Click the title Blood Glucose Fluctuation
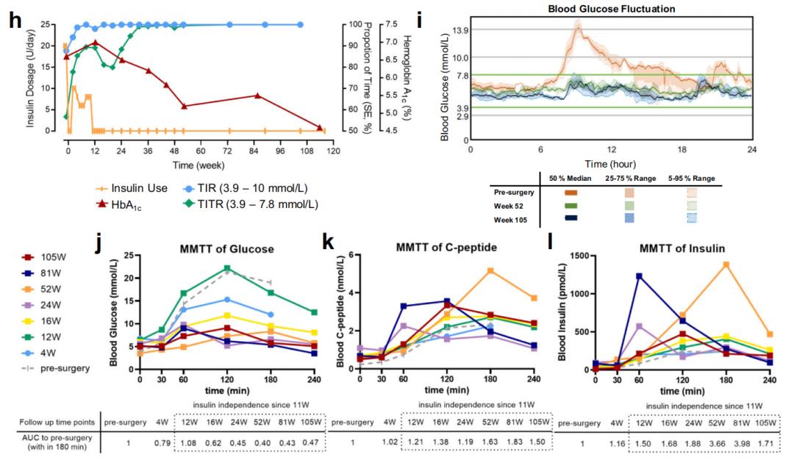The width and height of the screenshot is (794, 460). click(612, 9)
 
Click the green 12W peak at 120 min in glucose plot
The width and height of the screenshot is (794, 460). click(228, 268)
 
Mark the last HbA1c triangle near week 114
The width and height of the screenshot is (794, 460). click(320, 126)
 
